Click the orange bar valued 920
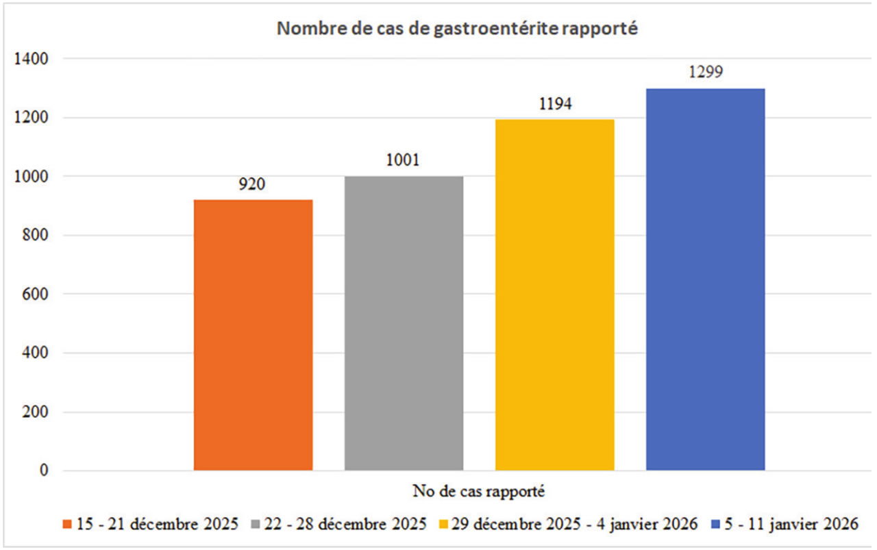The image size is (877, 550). tap(253, 335)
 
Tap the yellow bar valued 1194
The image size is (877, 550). tap(554, 295)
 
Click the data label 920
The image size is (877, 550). tap(253, 185)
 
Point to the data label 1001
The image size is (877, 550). tap(404, 161)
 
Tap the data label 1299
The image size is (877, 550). tap(705, 73)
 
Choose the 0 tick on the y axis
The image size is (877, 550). tap(42, 471)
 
